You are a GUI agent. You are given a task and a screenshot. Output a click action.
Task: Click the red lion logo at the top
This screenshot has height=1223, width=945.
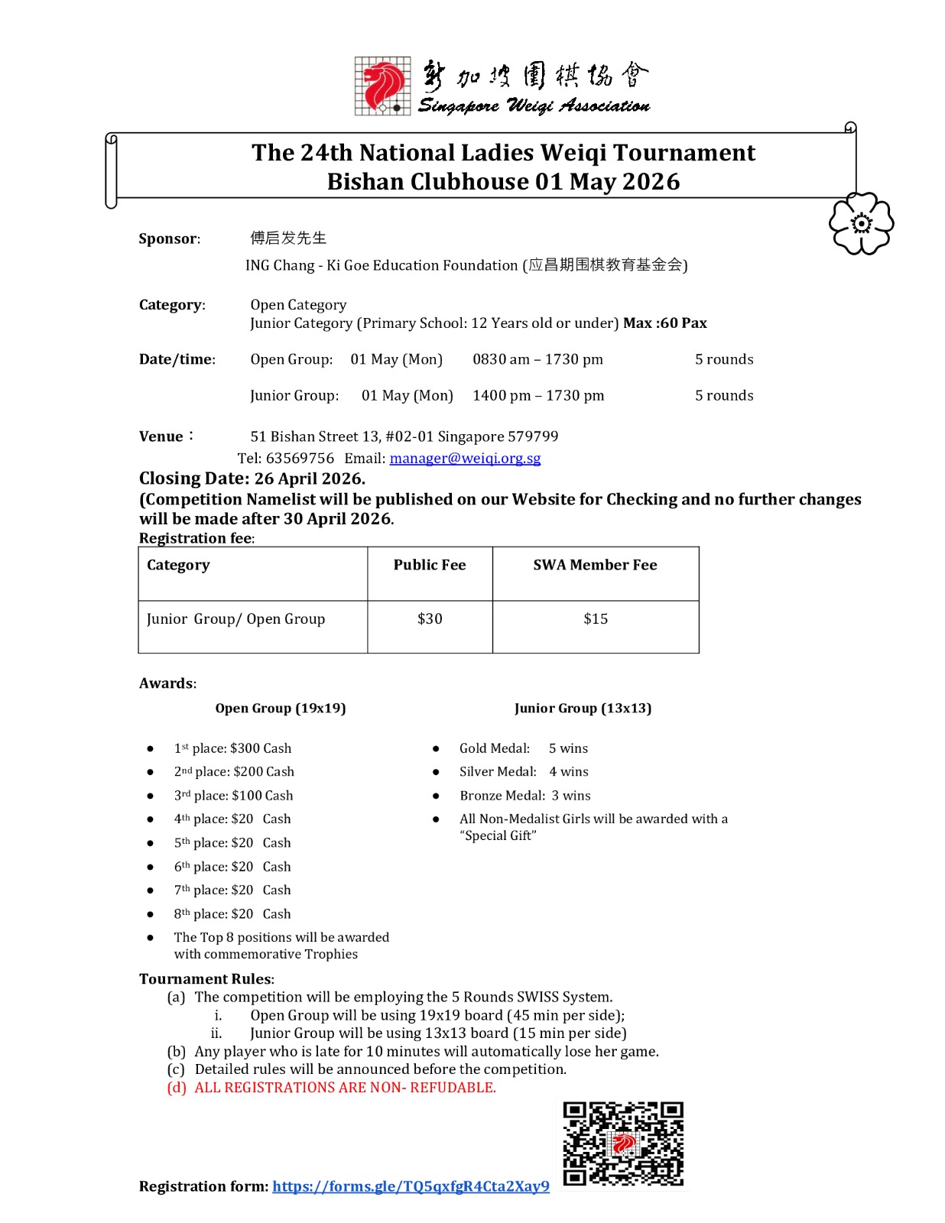pyautogui.click(x=383, y=86)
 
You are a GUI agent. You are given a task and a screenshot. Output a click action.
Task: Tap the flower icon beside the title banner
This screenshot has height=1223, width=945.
pyautogui.click(x=861, y=223)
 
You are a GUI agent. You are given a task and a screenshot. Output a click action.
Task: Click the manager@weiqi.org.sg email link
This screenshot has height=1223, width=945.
pyautogui.click(x=465, y=458)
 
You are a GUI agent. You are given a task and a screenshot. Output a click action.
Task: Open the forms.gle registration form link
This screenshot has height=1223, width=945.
pyautogui.click(x=411, y=1186)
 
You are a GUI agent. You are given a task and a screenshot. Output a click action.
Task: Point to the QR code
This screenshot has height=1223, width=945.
pyautogui.click(x=623, y=1144)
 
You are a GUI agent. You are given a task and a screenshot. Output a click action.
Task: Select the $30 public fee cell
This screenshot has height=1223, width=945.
pyautogui.click(x=430, y=619)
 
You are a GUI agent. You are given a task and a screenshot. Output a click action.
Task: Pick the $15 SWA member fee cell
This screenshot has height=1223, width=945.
pyautogui.click(x=596, y=619)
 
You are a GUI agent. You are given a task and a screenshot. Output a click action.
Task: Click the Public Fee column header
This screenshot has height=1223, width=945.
pyautogui.click(x=430, y=565)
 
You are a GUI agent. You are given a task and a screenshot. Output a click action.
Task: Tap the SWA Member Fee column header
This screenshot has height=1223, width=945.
pyautogui.click(x=595, y=565)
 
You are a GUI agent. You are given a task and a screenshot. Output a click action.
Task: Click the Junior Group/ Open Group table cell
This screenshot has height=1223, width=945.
pyautogui.click(x=235, y=619)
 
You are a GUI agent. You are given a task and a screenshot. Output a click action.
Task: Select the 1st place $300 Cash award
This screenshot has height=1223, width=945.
pyautogui.click(x=232, y=748)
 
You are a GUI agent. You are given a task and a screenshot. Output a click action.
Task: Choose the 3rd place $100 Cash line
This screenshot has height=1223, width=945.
pyautogui.click(x=233, y=796)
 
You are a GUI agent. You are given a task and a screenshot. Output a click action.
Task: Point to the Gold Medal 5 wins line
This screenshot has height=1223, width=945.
pyautogui.click(x=523, y=748)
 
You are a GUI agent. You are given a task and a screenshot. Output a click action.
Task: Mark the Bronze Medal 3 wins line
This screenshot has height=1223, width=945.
pyautogui.click(x=524, y=796)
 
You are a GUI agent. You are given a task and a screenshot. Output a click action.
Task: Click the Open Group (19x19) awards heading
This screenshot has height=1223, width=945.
pyautogui.click(x=281, y=709)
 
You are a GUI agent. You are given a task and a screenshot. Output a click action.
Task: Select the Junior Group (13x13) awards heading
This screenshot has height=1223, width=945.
pyautogui.click(x=583, y=709)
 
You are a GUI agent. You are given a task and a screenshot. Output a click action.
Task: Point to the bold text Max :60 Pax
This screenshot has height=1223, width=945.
pyautogui.click(x=664, y=323)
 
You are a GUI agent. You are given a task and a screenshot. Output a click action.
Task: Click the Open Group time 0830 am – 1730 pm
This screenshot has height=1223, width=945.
pyautogui.click(x=537, y=359)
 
